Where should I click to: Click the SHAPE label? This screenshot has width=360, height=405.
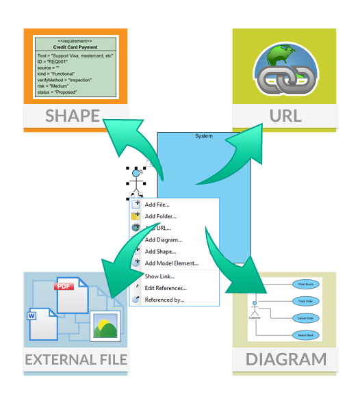(73, 116)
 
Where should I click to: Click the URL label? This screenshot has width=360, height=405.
(285, 116)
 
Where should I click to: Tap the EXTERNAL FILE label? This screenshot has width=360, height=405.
(76, 360)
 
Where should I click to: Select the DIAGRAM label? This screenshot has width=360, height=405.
(285, 360)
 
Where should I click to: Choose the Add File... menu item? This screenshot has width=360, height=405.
(157, 204)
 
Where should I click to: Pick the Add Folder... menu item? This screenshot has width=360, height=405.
(160, 216)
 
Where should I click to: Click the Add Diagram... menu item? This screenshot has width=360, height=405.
(163, 240)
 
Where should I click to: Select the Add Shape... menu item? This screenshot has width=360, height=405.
(160, 252)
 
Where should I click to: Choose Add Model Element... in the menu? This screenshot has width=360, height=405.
(171, 263)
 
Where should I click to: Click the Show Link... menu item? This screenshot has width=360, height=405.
(159, 276)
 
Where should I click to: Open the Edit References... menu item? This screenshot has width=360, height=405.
(166, 288)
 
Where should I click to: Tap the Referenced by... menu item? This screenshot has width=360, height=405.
(164, 300)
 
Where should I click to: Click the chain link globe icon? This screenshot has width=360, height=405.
(285, 68)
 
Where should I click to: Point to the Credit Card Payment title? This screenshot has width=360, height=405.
(76, 48)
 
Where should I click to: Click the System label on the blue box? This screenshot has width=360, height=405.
(203, 136)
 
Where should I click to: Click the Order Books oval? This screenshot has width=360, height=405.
(304, 284)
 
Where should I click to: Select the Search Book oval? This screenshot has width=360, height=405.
(305, 335)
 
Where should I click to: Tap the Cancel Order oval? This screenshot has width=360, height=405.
(305, 318)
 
